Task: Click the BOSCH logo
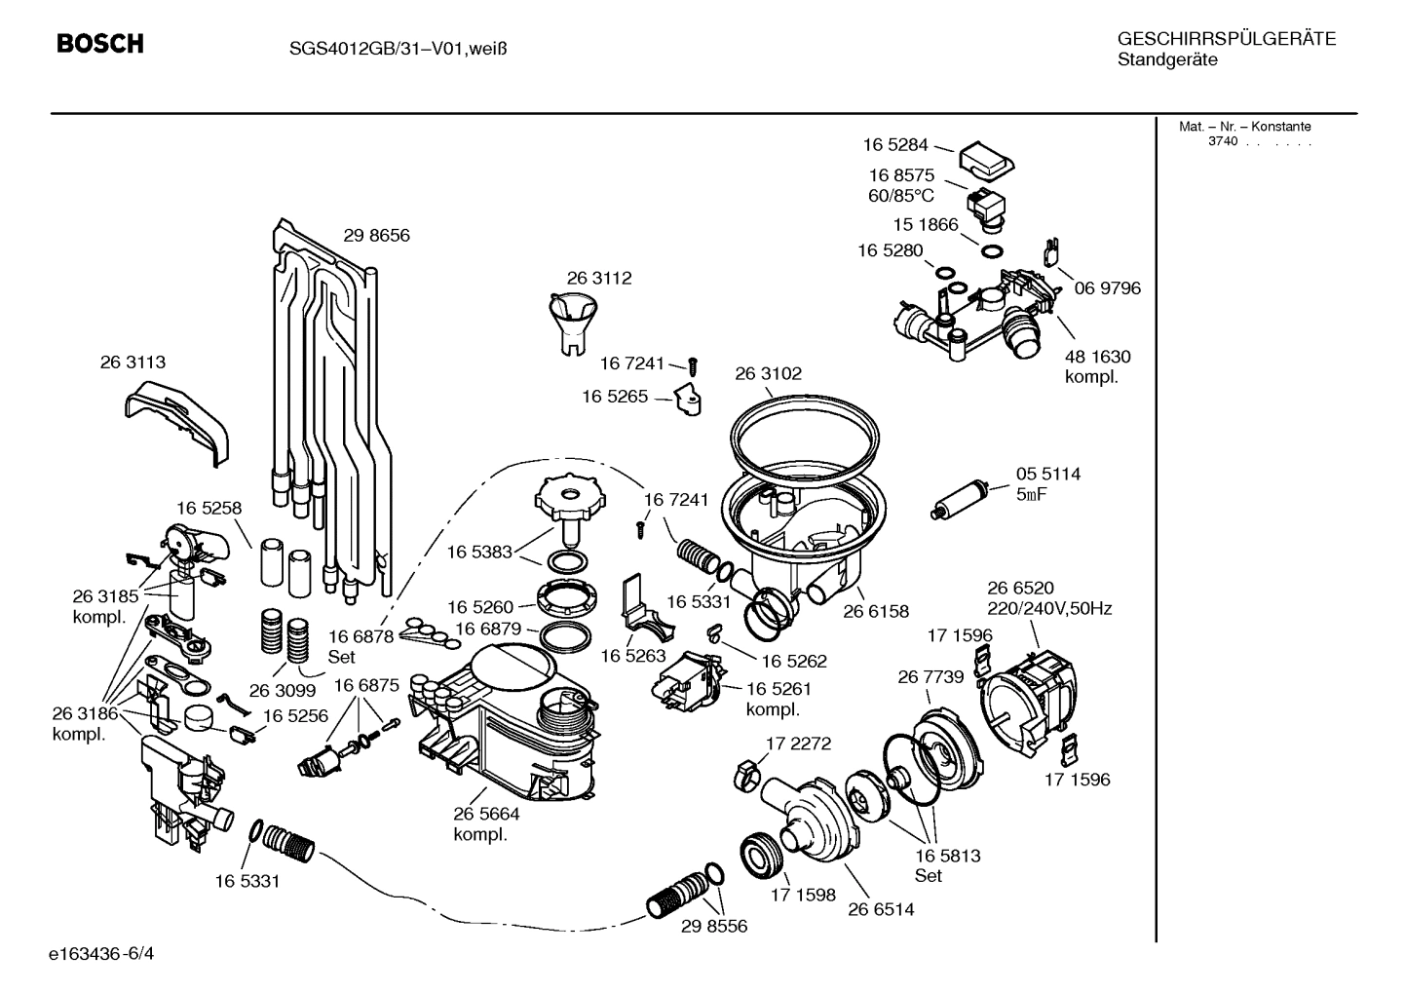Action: coord(99,44)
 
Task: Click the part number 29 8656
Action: coord(376,236)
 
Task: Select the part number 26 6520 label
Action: coord(1020,588)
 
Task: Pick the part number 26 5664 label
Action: coord(486,814)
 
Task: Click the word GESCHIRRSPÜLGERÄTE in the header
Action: coord(1226,39)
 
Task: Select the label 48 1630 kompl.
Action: coord(1097,366)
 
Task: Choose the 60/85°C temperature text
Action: coord(901,195)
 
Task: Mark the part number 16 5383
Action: coord(479,552)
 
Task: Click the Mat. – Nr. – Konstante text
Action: coord(1244,127)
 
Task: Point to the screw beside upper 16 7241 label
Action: coord(693,365)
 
